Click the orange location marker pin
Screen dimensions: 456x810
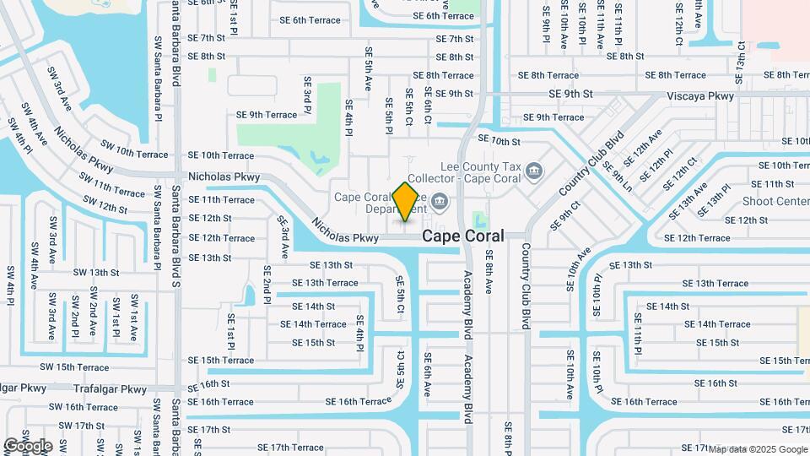point(405,201)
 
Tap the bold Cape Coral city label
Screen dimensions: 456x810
point(463,236)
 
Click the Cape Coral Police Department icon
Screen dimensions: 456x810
point(440,201)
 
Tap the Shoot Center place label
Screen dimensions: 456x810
point(775,201)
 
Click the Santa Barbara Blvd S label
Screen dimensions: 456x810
point(176,236)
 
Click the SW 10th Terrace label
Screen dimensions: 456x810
point(134,154)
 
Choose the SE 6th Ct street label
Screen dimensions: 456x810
point(428,107)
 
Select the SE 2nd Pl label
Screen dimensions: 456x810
point(267,285)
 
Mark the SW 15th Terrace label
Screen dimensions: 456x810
point(75,367)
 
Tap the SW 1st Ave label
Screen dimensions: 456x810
point(134,317)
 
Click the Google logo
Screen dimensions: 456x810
point(28,446)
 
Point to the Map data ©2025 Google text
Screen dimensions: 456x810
point(757,449)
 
